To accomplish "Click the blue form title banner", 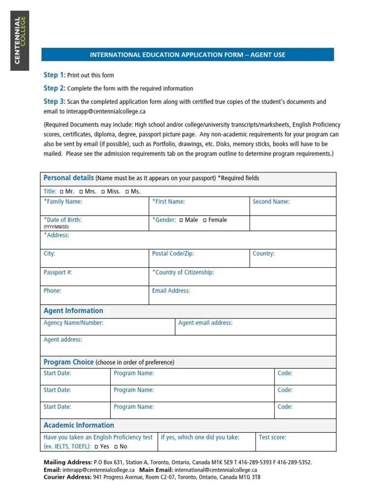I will tap(187, 55).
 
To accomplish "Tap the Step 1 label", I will tap(54, 75).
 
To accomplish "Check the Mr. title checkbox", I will tap(62, 191).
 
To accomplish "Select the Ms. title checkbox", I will tap(127, 191).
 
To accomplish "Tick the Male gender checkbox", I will tap(182, 220).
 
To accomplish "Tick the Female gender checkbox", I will tap(205, 220).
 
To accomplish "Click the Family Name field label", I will tap(63, 201).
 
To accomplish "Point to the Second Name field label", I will tap(271, 201).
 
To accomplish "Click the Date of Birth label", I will tap(63, 220).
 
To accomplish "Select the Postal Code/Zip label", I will tap(173, 253).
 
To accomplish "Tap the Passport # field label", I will tap(58, 272).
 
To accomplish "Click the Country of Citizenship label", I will tap(183, 272).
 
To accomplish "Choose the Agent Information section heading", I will tap(73, 311).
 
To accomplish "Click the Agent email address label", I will tap(205, 323).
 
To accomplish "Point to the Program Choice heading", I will tap(68, 362).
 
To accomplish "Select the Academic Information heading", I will tap(79, 425).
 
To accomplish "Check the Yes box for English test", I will tap(96, 446).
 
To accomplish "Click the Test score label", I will tap(272, 437).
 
